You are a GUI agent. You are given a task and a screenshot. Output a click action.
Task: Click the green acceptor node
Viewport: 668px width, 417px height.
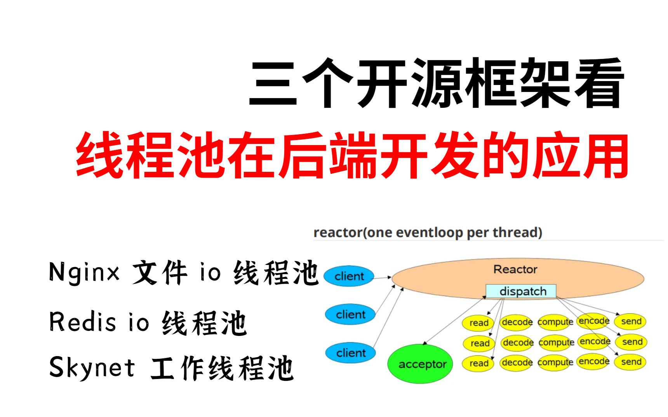click(x=421, y=364)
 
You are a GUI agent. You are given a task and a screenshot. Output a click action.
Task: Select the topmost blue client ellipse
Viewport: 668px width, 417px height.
click(x=349, y=276)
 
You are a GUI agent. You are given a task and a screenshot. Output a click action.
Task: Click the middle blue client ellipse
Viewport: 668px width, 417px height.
click(x=350, y=314)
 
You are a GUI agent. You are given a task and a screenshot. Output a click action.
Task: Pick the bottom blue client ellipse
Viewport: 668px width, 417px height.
click(x=350, y=353)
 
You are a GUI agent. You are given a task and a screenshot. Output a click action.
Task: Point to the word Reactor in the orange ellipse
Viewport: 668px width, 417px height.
click(x=515, y=269)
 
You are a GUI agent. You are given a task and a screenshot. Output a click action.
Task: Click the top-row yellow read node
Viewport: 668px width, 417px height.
click(x=478, y=323)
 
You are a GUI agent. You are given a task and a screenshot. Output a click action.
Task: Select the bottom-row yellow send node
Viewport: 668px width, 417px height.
click(x=631, y=362)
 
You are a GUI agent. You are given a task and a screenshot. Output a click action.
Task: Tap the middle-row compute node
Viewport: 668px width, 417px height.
click(x=556, y=343)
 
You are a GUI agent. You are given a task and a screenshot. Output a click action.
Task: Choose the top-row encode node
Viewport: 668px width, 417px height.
click(x=593, y=321)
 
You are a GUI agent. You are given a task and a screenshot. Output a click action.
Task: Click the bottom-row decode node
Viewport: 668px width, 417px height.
click(x=517, y=363)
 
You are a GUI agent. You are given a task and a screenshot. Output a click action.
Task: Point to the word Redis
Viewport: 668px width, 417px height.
click(x=82, y=322)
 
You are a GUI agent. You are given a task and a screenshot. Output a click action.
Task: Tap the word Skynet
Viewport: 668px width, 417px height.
click(x=92, y=367)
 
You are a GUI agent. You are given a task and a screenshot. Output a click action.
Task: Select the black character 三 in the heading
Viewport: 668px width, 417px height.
click(x=273, y=83)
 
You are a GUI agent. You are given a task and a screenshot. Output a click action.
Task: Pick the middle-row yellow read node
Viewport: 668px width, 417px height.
click(x=479, y=343)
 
